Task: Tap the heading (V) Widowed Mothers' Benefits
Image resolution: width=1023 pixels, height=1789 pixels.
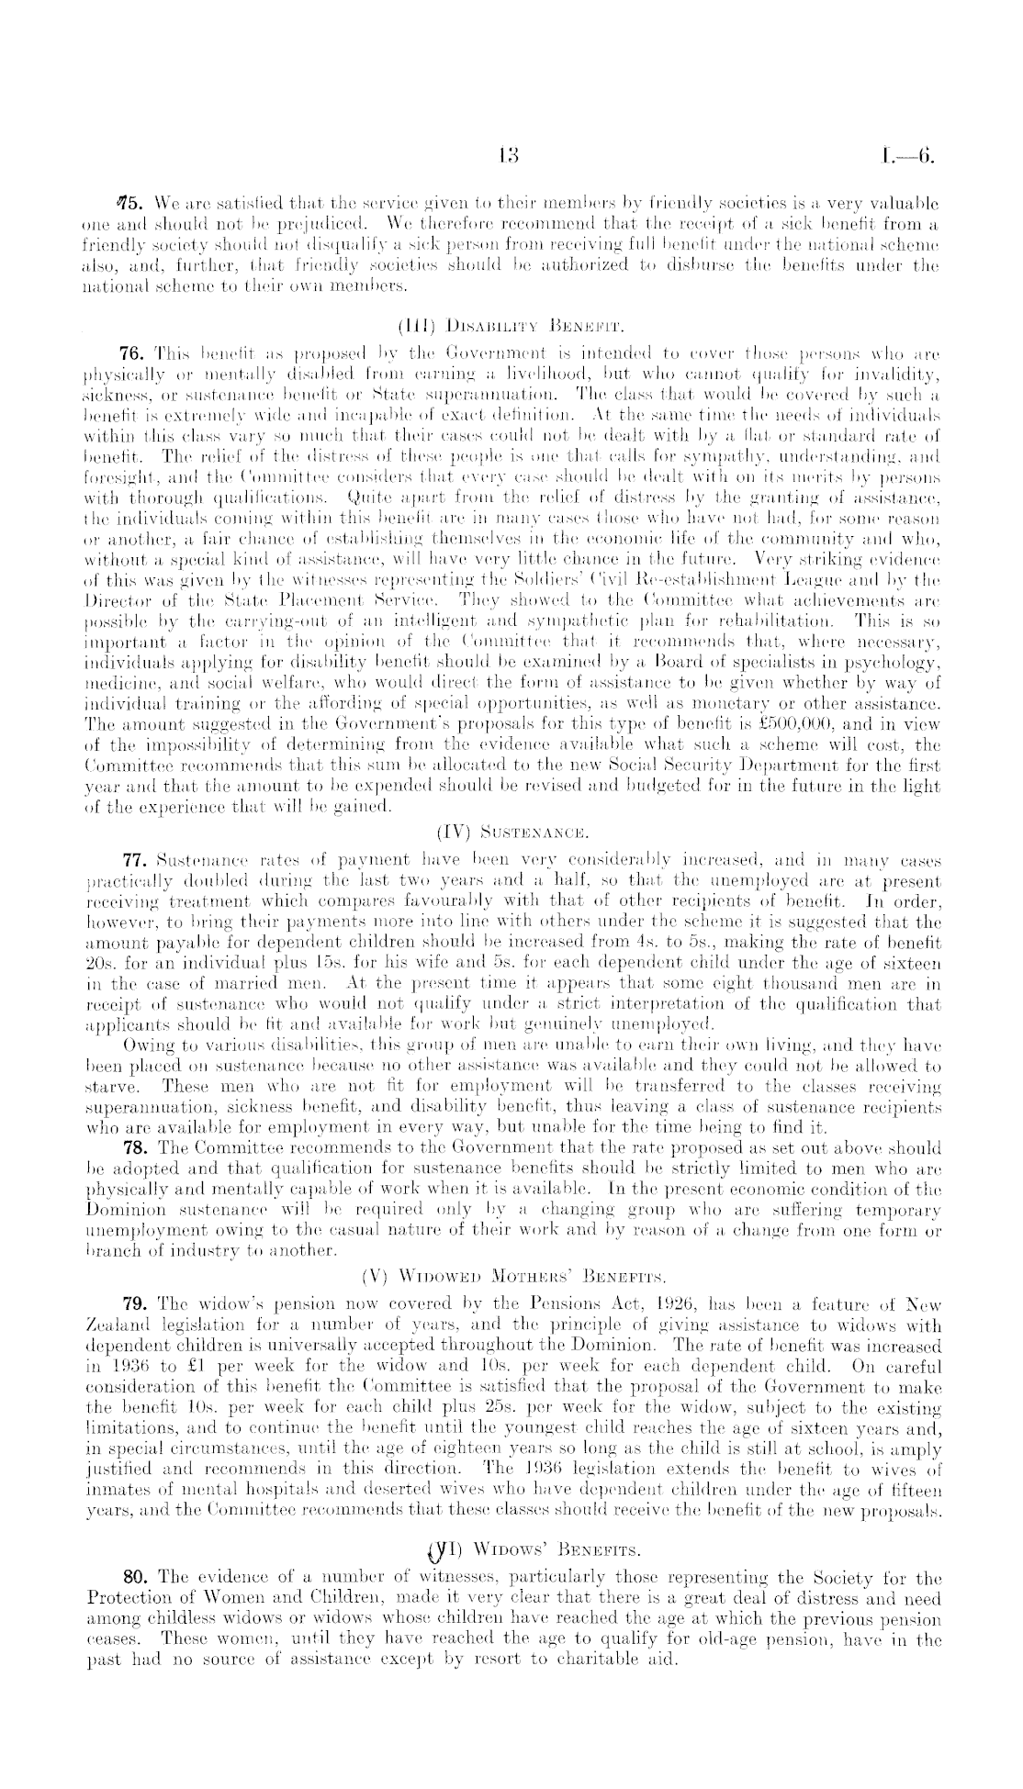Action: click(x=512, y=1275)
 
